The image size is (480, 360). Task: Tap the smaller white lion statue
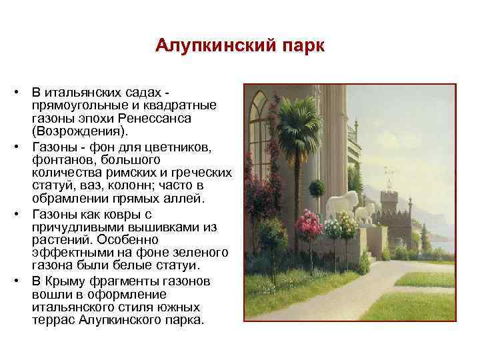pos(365,213)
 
